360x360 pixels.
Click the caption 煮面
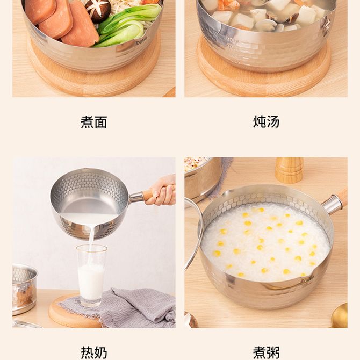coord(94,122)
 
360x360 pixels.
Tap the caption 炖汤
coord(266,121)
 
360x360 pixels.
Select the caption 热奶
coord(94,353)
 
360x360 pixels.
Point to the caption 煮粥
coord(266,353)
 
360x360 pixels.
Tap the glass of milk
coord(91,275)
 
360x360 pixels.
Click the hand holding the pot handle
coord(161,191)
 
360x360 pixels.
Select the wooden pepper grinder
coord(289,170)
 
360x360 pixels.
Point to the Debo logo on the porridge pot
coord(309,281)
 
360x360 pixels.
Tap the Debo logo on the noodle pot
coord(141,42)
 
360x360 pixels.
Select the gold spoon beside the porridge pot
coord(340,315)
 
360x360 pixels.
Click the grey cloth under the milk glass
coord(121,307)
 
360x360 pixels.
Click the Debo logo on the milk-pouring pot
coord(107,225)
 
